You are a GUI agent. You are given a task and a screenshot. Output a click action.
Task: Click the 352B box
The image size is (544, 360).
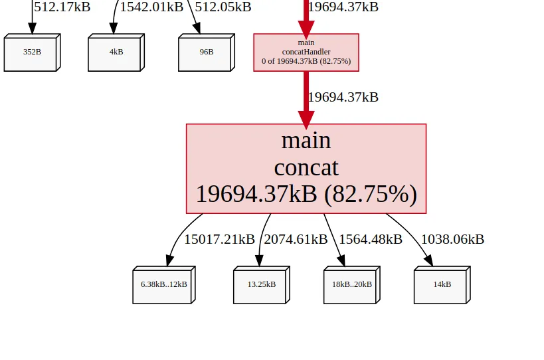tap(33, 52)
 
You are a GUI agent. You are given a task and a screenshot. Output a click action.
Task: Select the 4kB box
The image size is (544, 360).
tap(116, 52)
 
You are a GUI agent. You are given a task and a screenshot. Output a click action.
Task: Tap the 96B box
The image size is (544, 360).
tap(207, 52)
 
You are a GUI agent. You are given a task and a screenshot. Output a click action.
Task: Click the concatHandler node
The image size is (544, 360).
tap(306, 52)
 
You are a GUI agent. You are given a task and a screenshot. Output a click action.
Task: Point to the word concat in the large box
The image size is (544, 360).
tap(306, 167)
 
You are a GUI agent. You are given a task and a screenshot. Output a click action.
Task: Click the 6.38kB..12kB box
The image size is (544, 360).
tap(164, 285)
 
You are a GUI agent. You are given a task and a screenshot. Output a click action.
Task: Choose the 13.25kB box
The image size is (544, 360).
tap(262, 285)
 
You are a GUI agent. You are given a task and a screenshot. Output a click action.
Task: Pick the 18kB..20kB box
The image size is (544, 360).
tap(352, 285)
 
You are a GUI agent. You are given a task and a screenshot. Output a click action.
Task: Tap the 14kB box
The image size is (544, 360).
tap(442, 285)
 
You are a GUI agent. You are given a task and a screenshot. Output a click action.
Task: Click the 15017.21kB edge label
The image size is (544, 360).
tap(219, 239)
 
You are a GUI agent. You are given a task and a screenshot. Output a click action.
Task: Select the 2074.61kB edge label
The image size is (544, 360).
tap(296, 239)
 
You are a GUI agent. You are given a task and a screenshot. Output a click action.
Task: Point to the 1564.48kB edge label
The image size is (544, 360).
tap(371, 239)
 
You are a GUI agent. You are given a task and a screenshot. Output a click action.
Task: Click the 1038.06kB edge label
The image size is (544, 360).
tap(452, 239)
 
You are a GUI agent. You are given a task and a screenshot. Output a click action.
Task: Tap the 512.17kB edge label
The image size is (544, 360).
tap(62, 7)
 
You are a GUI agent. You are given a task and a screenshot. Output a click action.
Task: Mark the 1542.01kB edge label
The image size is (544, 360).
tap(151, 7)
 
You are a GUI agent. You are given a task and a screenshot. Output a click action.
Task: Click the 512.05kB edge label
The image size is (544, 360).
tap(223, 7)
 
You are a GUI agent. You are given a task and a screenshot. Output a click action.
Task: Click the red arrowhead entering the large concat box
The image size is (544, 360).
tap(306, 120)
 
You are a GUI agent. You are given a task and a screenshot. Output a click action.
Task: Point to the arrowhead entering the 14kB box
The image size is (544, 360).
tap(429, 260)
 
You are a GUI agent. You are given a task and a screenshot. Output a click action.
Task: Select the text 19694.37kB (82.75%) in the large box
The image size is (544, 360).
tap(306, 193)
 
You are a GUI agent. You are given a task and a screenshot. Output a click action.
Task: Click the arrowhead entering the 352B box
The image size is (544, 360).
tap(33, 29)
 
